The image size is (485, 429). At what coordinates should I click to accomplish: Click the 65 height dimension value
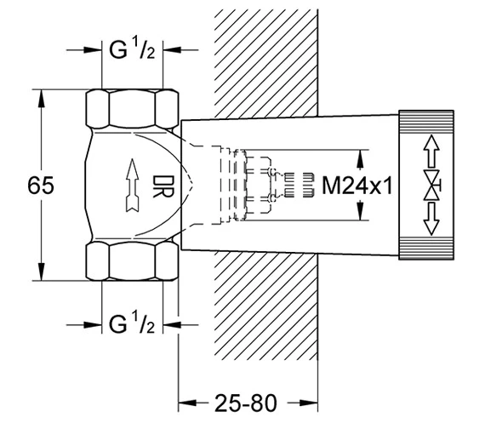point(41,186)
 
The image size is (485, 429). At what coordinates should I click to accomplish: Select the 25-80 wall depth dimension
point(246,403)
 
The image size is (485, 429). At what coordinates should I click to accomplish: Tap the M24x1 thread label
point(357,186)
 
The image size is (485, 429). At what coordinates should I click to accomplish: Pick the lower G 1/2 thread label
point(132,324)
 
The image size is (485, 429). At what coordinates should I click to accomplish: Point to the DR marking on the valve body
point(163,186)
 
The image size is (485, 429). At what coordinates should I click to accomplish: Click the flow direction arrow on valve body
point(133,186)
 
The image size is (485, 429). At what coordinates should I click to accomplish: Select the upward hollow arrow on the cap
point(431,152)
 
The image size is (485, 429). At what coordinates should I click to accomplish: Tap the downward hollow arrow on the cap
point(431,219)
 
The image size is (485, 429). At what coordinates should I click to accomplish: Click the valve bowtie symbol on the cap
point(431,185)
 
